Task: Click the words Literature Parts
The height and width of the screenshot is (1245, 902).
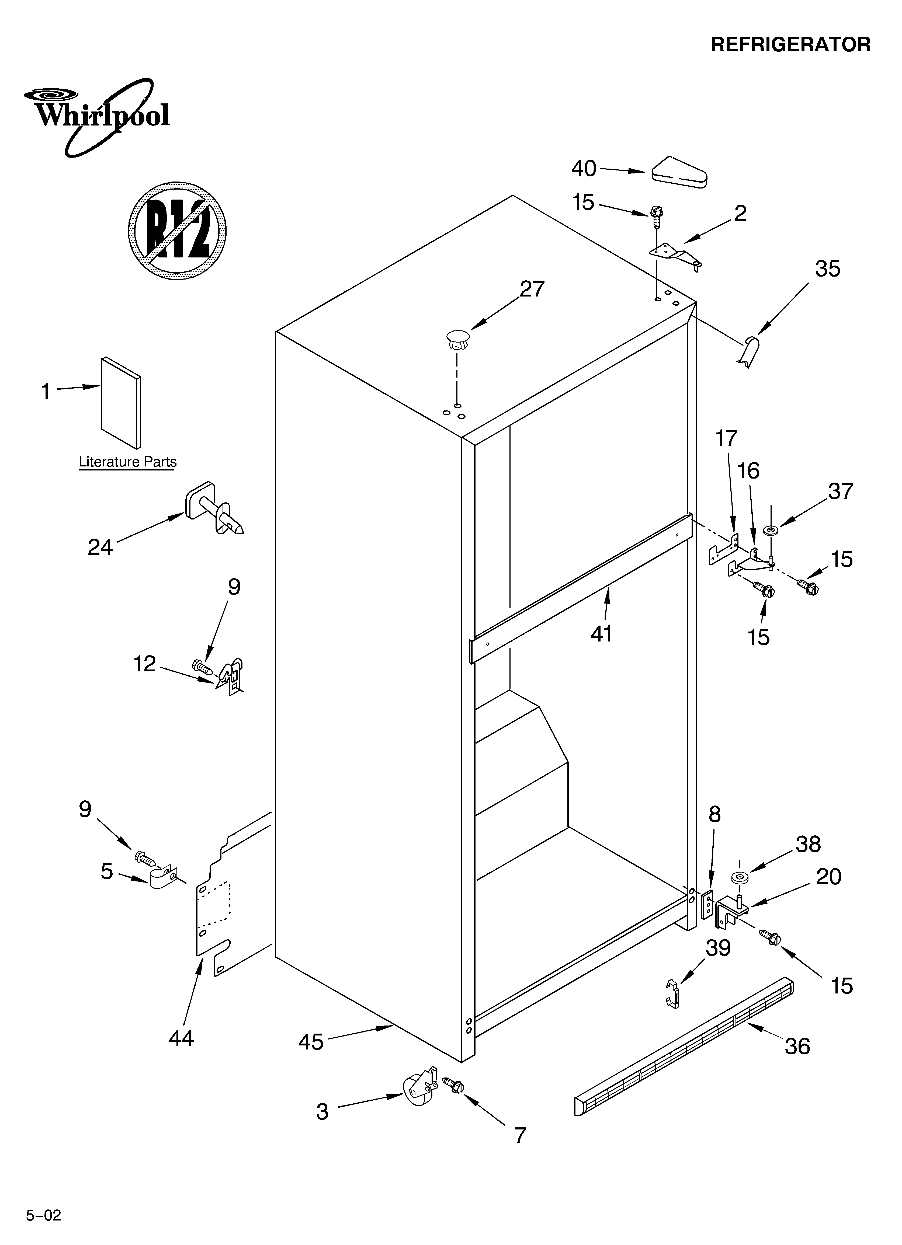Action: (127, 462)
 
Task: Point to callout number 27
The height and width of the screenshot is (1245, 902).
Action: (532, 289)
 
